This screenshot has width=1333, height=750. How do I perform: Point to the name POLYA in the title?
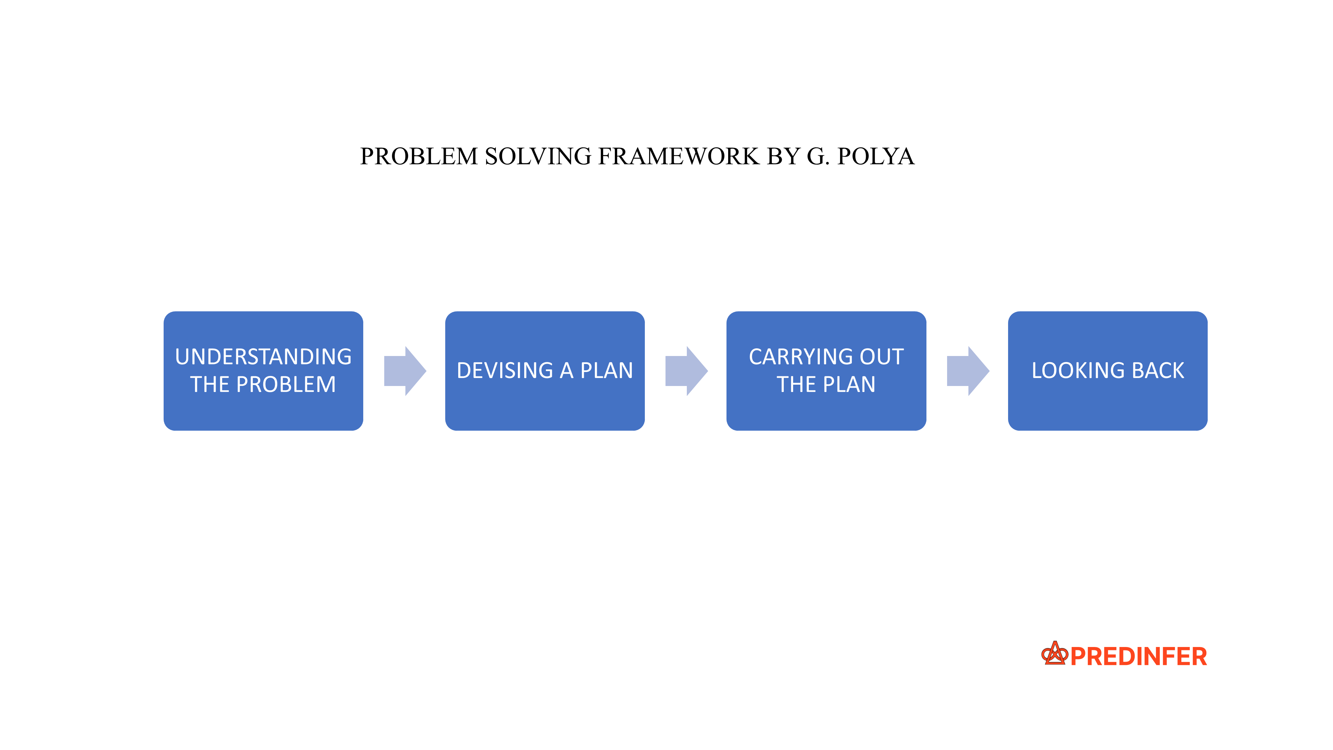coord(875,156)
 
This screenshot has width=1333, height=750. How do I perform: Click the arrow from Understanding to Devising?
coord(405,371)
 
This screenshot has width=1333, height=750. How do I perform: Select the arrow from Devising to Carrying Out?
coord(686,371)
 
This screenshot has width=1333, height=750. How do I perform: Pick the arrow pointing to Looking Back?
coord(968,371)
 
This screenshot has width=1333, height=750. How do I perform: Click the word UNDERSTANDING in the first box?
coord(263,357)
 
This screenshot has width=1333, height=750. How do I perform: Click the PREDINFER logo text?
coord(1138,656)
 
